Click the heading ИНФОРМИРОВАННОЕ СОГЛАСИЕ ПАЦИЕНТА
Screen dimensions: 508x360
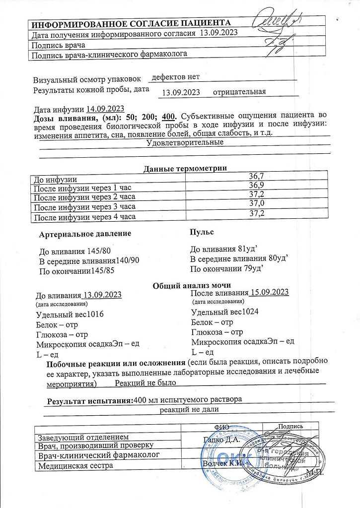coord(131,24)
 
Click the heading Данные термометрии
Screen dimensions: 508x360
coord(185,169)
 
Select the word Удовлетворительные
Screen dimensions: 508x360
coord(186,143)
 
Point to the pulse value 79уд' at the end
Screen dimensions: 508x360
coord(250,269)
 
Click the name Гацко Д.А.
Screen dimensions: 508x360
coord(221,439)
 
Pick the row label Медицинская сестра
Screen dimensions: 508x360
coord(72,465)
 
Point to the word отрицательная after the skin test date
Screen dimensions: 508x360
coord(239,92)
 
